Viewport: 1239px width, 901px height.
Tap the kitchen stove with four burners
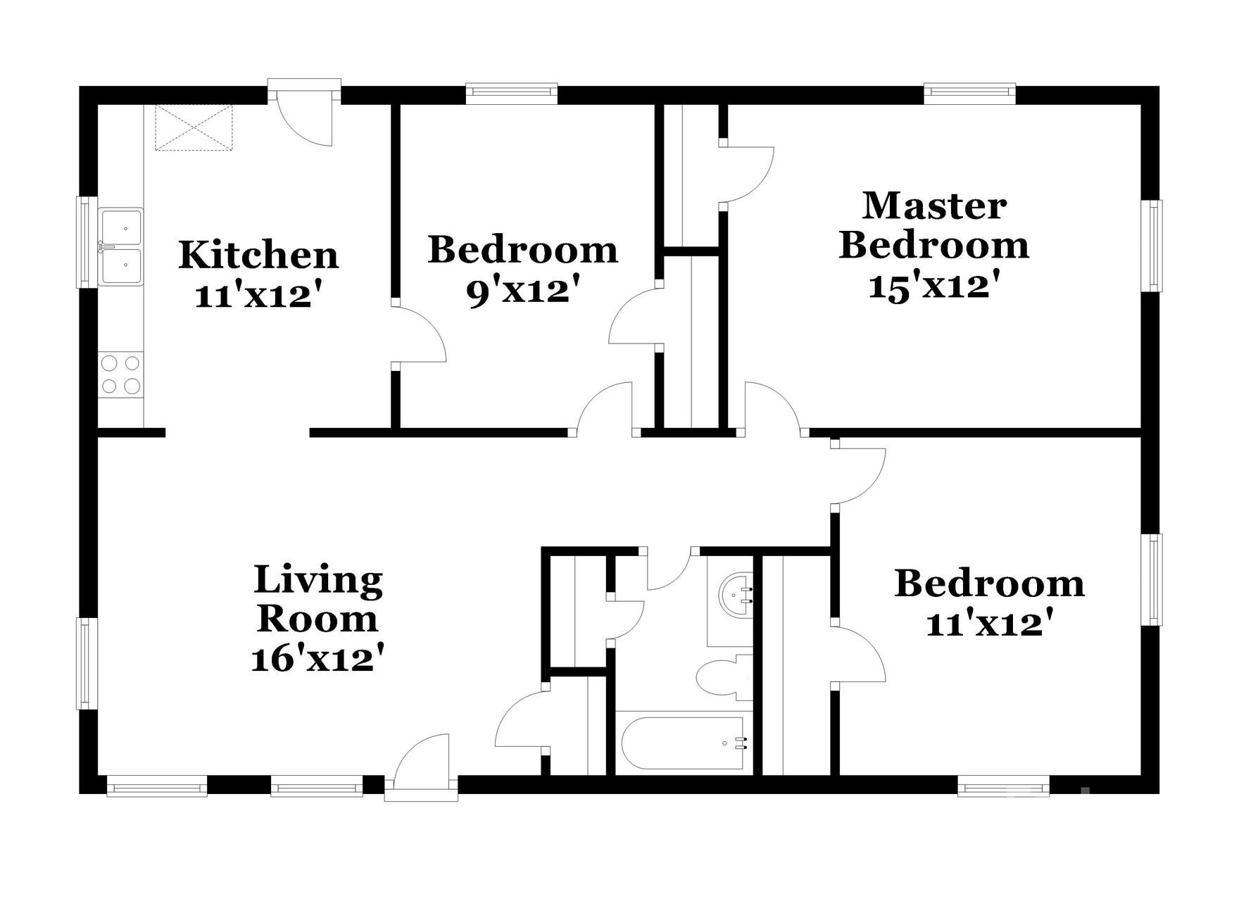(x=120, y=374)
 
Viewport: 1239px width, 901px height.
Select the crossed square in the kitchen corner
(x=194, y=127)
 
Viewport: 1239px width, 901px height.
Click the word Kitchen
(x=258, y=255)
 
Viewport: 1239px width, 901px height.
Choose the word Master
(x=934, y=206)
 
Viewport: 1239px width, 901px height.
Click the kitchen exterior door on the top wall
(x=305, y=117)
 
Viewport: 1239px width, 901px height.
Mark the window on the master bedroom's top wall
(x=969, y=92)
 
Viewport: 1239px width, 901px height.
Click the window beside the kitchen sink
(x=87, y=241)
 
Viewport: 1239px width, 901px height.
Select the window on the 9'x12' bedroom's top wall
(x=512, y=92)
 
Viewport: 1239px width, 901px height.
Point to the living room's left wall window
(x=87, y=663)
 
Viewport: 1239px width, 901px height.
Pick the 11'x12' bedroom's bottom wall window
(x=1003, y=786)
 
